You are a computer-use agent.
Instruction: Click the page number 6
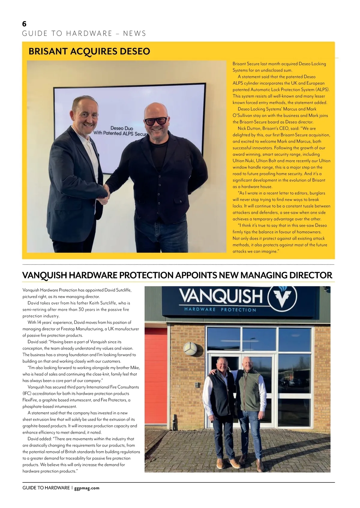[24, 24]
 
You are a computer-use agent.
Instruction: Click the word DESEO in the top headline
[135, 51]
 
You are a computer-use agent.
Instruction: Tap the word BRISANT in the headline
[48, 51]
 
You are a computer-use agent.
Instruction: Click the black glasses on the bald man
[156, 121]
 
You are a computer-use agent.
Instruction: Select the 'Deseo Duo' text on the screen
[121, 128]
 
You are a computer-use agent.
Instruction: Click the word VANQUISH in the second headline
[44, 275]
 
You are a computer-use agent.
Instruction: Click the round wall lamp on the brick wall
[190, 348]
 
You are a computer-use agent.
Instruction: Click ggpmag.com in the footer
[87, 488]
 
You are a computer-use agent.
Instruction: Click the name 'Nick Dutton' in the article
[249, 128]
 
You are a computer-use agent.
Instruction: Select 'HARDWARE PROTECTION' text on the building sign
[220, 309]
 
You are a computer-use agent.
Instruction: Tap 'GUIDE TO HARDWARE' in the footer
[46, 488]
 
